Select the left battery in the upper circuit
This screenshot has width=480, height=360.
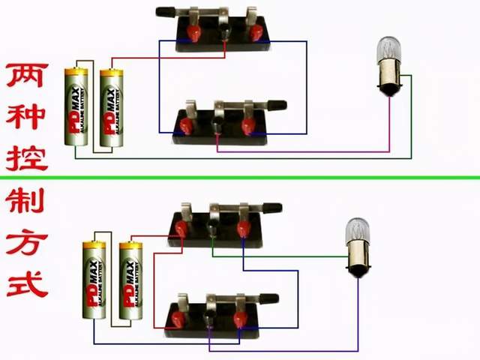[x=76, y=108]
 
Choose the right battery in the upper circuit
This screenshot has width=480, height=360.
[x=112, y=108]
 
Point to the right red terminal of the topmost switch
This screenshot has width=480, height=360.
[x=257, y=32]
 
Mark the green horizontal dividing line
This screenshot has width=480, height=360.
[x=240, y=178]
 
